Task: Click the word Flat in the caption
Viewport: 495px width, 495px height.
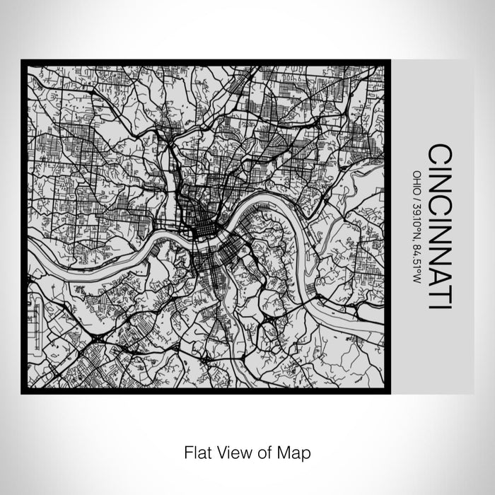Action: coord(198,450)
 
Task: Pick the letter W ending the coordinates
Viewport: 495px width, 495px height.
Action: coord(417,278)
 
